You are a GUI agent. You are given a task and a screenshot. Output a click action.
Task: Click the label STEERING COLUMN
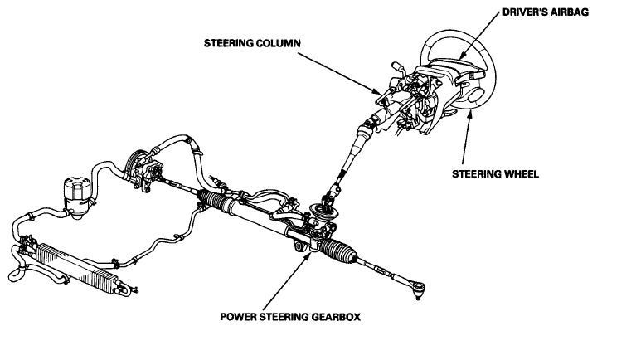pyautogui.click(x=252, y=43)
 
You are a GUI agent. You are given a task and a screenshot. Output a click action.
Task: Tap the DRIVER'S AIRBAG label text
pyautogui.click(x=546, y=12)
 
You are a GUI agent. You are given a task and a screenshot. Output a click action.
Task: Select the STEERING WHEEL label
pyautogui.click(x=495, y=174)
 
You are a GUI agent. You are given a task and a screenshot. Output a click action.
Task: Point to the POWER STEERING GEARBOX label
pyautogui.click(x=290, y=317)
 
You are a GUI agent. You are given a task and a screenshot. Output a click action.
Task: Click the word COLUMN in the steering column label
pyautogui.click(x=279, y=43)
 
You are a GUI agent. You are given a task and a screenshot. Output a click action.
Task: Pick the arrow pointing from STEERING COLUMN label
pyautogui.click(x=339, y=74)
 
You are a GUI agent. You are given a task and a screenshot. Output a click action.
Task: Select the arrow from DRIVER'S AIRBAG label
pyautogui.click(x=479, y=36)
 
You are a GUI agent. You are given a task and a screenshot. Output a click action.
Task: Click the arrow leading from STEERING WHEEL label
pyautogui.click(x=467, y=137)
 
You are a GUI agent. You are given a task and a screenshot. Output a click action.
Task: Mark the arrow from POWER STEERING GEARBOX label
pyautogui.click(x=287, y=281)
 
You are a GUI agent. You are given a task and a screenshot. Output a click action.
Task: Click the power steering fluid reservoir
pyautogui.click(x=76, y=197)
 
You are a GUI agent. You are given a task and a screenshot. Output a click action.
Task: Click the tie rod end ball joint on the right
pyautogui.click(x=418, y=289)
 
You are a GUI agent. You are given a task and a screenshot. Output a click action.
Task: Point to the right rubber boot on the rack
pyautogui.click(x=338, y=251)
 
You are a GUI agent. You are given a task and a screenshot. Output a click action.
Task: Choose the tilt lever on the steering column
pyautogui.click(x=398, y=68)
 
